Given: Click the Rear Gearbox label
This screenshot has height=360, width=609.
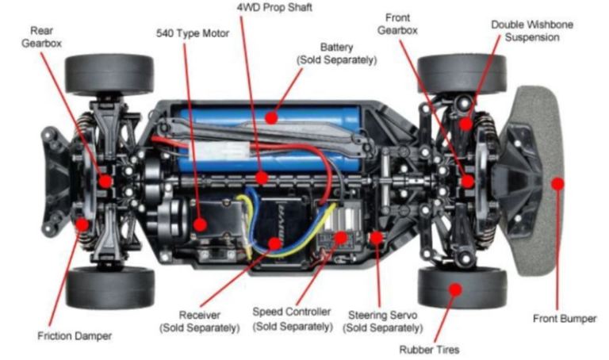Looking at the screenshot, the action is pyautogui.click(x=41, y=37).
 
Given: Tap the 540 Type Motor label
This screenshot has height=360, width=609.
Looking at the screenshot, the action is pyautogui.click(x=193, y=34).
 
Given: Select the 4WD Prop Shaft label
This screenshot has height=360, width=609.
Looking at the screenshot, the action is pyautogui.click(x=274, y=8).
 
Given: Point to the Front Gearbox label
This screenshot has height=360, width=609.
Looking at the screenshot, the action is pyautogui.click(x=397, y=24).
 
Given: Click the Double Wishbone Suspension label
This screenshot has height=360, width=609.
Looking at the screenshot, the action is pyautogui.click(x=532, y=31).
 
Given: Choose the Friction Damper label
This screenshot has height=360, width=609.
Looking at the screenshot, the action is pyautogui.click(x=75, y=336).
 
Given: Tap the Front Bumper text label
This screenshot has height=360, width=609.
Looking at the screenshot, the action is pyautogui.click(x=565, y=319).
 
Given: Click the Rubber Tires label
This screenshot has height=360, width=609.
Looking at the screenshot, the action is pyautogui.click(x=429, y=350).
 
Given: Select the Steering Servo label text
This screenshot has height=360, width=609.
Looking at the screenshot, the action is pyautogui.click(x=382, y=321).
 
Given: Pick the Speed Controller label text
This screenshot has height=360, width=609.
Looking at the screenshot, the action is pyautogui.click(x=293, y=319).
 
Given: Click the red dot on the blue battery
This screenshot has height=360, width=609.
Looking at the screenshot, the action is pyautogui.click(x=271, y=117).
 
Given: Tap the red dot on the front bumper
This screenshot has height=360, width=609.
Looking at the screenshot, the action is pyautogui.click(x=557, y=184).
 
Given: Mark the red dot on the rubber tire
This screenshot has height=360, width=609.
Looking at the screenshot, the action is pyautogui.click(x=455, y=289).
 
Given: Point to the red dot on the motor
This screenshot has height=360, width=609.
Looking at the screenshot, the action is pyautogui.click(x=200, y=224).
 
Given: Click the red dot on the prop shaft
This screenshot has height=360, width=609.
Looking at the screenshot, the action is pyautogui.click(x=262, y=178).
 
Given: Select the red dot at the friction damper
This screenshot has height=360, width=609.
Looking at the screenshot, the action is pyautogui.click(x=82, y=224).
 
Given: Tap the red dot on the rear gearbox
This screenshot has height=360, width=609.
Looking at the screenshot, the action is pyautogui.click(x=105, y=181).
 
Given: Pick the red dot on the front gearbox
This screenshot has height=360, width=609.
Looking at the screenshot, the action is pyautogui.click(x=468, y=181).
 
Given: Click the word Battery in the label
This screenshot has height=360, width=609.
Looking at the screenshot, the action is pyautogui.click(x=337, y=48).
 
